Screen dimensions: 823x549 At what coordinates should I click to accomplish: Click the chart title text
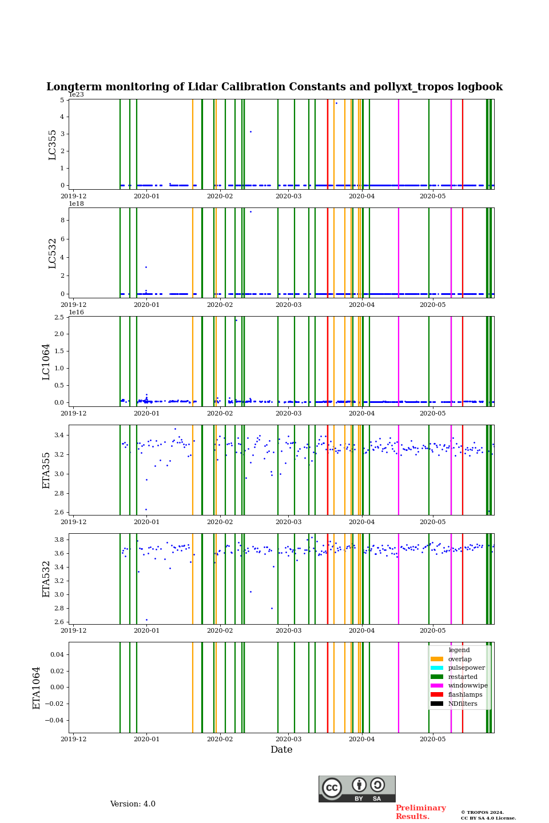pos(274,87)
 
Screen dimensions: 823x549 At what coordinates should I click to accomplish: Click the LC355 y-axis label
pos(53,145)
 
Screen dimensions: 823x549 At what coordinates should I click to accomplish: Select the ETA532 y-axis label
pos(46,578)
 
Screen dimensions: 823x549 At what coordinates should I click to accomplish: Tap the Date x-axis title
pos(281,750)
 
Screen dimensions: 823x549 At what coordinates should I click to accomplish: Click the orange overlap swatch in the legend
pos(437,659)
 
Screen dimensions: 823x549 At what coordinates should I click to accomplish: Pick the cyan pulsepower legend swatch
pos(437,668)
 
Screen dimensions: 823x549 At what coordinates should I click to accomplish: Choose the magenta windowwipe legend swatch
pos(437,685)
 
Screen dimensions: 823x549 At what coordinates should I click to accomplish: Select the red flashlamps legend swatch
pos(437,694)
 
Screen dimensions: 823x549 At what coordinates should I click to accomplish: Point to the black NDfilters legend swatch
pos(437,704)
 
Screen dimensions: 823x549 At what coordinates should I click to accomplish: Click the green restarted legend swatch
pos(437,677)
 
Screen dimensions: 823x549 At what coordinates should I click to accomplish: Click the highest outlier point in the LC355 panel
pos(336,103)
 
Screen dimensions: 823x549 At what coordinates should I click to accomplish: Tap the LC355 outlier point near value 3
pos(250,132)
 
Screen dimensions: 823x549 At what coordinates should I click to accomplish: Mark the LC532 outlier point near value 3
pos(146,267)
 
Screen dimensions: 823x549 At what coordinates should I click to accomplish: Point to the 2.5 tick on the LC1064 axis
pos(59,317)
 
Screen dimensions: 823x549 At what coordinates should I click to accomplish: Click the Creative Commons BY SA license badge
pos(357,789)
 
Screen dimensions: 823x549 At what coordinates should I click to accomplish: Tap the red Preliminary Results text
pos(420,812)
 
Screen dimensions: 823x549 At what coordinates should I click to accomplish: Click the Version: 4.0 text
pos(133,804)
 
